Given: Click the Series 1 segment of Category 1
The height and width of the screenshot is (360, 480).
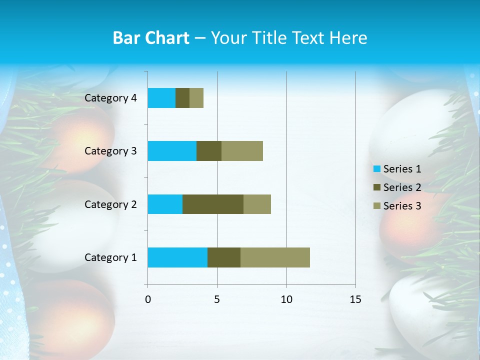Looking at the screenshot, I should click(x=177, y=257).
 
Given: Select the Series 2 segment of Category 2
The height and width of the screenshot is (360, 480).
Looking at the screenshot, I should click(x=213, y=204).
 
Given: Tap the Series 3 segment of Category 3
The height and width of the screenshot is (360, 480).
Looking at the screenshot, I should click(x=242, y=151).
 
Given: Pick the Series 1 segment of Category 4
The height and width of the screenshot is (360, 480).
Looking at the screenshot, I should click(x=161, y=98).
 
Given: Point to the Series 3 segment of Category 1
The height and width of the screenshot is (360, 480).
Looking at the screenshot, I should click(x=275, y=257).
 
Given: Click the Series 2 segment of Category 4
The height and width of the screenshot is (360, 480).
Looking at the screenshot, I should click(x=182, y=98).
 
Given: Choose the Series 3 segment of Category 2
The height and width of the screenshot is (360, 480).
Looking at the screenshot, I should click(x=257, y=204).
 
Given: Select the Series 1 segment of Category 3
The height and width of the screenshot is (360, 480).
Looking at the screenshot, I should click(x=172, y=151).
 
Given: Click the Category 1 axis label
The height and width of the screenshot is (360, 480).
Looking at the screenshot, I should click(x=110, y=257).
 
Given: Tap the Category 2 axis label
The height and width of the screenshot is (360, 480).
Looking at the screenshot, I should click(x=110, y=204).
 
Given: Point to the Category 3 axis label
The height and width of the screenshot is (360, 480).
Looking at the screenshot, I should click(x=110, y=151).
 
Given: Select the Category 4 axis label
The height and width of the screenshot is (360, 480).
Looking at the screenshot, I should click(x=110, y=98).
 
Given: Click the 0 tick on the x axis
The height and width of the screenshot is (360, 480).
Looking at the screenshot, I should click(x=148, y=299).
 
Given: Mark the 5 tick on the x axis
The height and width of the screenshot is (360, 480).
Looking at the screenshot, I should click(x=217, y=299).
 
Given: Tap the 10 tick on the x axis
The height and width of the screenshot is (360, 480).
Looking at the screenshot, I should click(x=286, y=299).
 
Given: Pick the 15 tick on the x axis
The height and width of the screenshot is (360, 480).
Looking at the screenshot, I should click(x=355, y=299).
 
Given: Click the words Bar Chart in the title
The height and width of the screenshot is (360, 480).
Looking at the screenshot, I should click(x=151, y=38).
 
